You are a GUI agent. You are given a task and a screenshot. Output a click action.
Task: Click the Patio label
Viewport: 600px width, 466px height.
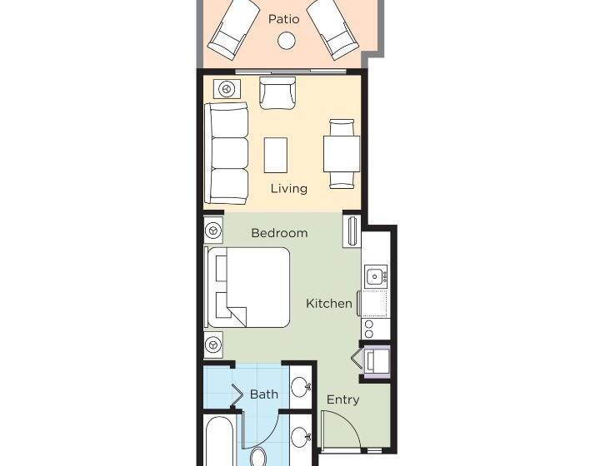pos(283,18)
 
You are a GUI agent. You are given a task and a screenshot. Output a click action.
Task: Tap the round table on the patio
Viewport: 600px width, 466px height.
pos(286,41)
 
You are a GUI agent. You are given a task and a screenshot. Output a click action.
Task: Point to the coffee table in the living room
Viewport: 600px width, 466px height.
pos(276,155)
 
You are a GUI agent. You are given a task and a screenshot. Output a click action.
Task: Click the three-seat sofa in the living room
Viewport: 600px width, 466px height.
pos(227,153)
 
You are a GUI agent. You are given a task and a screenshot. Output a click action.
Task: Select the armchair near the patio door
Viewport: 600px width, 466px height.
pos(277,93)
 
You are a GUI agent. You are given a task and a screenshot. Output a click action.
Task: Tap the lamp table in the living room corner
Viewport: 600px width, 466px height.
pos(227,89)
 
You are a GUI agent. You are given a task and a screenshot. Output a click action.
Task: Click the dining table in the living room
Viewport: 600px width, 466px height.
pos(342,154)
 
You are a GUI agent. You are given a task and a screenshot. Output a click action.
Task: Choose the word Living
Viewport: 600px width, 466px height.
pos(289,188)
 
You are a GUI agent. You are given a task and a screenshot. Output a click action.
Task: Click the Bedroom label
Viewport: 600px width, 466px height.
pos(279,233)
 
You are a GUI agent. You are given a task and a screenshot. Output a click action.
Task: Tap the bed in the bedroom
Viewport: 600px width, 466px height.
pos(247,287)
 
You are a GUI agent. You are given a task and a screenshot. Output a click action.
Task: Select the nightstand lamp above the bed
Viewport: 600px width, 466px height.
pos(213,231)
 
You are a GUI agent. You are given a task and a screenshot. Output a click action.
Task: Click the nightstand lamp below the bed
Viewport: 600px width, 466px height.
pos(213,345)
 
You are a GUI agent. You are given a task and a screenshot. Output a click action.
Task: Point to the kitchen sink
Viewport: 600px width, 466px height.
pos(376,275)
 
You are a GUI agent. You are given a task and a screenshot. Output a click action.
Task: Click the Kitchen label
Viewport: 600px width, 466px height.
pos(329,304)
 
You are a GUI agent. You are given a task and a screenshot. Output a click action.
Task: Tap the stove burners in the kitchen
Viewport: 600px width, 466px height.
pos(369,330)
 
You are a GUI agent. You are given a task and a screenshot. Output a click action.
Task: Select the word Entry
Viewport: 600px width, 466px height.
pos(342,399)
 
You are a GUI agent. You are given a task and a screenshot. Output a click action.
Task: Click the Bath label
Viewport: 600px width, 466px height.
pos(263,394)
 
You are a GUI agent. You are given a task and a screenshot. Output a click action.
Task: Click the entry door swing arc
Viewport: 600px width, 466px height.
pos(350,421)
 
